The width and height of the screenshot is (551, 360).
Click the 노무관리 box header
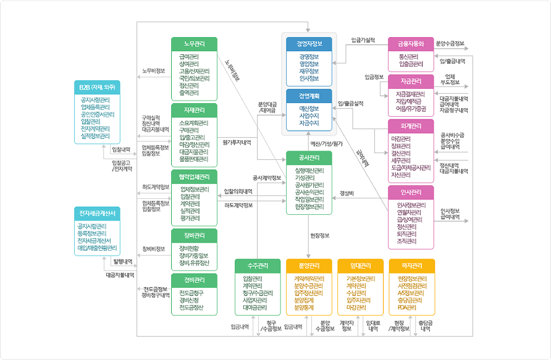[x=194, y=43]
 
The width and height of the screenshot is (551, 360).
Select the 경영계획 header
[x=309, y=96]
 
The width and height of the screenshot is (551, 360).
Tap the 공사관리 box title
[x=309, y=157]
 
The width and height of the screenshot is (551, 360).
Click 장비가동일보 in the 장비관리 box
[x=194, y=256]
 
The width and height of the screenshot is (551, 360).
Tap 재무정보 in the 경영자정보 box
[x=309, y=71]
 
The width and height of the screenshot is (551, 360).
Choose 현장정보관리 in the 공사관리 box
[x=309, y=207]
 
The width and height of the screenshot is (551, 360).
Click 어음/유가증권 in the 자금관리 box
[x=411, y=108]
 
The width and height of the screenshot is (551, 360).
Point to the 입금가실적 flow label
[x=363, y=40]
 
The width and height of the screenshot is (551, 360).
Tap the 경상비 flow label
[x=347, y=193]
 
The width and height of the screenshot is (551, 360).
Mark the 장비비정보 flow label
[x=153, y=249]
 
